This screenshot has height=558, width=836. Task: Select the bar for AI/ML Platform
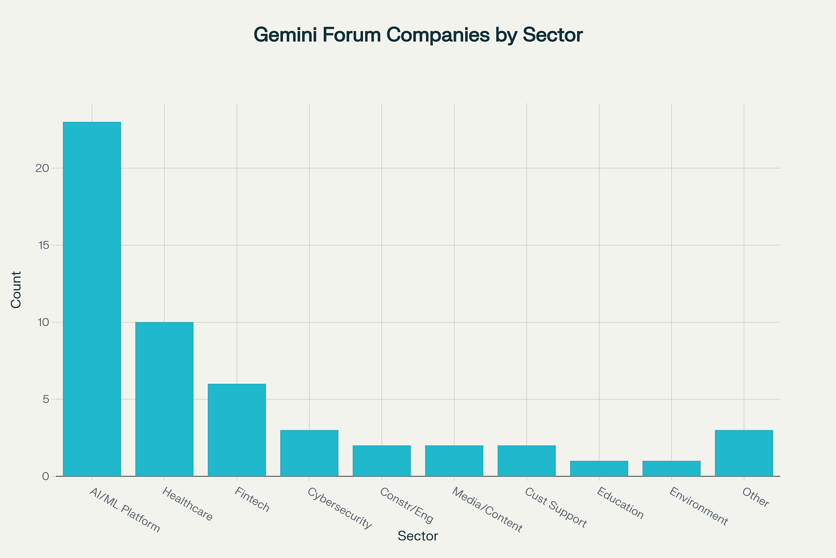click(92, 299)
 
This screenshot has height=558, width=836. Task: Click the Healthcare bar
click(164, 399)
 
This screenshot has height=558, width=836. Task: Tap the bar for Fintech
click(237, 430)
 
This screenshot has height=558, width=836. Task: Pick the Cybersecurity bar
click(309, 453)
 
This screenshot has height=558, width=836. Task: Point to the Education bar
click(599, 468)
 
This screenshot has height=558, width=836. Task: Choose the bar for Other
click(744, 453)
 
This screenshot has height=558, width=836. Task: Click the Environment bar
click(671, 468)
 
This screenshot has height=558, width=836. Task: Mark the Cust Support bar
click(527, 460)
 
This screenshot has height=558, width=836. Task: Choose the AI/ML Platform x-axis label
click(125, 510)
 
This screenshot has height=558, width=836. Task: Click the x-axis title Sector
click(418, 536)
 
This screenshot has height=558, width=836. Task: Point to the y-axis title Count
click(16, 290)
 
